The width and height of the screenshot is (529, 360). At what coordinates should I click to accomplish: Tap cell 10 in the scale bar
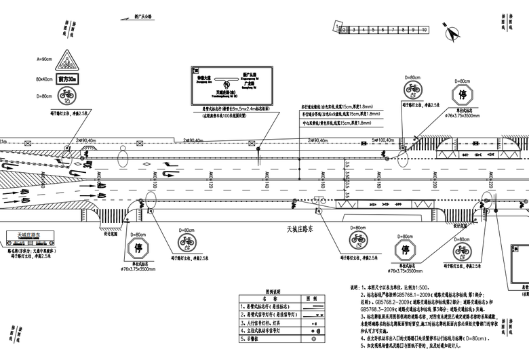(x=423, y=31)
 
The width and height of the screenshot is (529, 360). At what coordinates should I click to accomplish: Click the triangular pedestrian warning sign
(x=67, y=60)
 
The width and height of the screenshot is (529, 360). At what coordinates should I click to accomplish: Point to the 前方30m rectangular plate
(x=67, y=79)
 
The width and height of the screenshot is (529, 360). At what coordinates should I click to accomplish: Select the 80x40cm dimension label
(x=45, y=79)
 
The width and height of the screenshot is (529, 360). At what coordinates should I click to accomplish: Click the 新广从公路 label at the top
(x=144, y=15)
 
